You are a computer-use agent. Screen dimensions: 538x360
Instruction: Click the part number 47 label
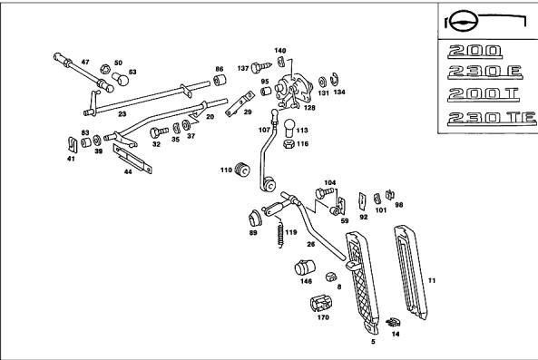tap(85, 62)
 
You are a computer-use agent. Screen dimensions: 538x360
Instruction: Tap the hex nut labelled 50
tap(105, 69)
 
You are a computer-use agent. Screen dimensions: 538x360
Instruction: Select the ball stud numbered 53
tap(121, 79)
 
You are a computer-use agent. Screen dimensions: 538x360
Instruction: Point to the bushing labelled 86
tap(220, 80)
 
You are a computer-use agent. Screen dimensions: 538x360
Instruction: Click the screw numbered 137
tap(260, 67)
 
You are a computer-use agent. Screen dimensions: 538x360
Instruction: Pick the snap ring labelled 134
tap(335, 80)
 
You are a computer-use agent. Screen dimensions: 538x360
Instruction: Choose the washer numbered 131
tap(322, 82)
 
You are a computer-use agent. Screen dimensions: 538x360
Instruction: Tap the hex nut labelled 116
tap(289, 144)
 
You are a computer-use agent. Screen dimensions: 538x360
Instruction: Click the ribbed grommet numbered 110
tap(242, 169)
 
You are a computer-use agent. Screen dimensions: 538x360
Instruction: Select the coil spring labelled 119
tap(280, 233)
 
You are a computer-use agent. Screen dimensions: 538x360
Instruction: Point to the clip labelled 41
tap(72, 145)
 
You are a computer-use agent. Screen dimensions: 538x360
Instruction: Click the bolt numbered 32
tap(159, 132)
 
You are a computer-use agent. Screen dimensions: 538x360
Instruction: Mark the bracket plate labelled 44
tap(132, 159)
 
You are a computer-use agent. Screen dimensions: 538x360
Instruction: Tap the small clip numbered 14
tap(393, 322)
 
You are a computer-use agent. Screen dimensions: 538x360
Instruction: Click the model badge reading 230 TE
tap(492, 118)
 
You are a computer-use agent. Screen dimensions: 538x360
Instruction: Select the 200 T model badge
tap(484, 94)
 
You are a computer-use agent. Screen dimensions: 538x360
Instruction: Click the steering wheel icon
tap(465, 22)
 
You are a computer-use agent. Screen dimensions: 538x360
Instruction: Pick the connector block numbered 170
tap(321, 303)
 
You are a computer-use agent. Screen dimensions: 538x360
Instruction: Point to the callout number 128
tap(309, 108)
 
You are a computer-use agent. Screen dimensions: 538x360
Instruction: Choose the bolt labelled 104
tap(325, 193)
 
